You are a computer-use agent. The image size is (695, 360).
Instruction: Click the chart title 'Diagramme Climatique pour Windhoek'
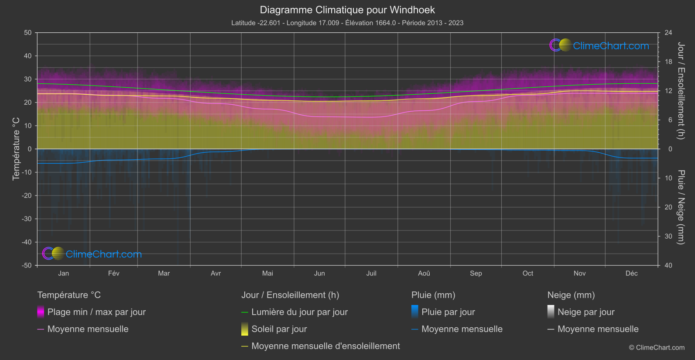point(347,10)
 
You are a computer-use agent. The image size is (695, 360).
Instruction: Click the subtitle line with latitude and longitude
point(347,23)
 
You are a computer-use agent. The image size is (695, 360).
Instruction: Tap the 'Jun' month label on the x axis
point(319,273)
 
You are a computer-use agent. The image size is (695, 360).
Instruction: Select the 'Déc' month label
point(631,273)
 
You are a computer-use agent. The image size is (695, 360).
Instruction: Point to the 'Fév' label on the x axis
point(113,273)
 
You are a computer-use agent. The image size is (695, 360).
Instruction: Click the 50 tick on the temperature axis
point(28,33)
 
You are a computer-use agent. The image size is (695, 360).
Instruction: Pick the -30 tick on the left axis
point(27,219)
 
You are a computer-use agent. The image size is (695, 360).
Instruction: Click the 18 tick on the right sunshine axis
point(668,62)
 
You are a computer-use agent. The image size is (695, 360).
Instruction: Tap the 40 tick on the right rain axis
point(668,265)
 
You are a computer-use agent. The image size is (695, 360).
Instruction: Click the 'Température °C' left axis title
point(16,149)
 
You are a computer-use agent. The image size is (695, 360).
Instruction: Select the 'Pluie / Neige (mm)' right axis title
point(681,207)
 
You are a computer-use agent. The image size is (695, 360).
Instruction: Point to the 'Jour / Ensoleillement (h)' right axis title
point(681,91)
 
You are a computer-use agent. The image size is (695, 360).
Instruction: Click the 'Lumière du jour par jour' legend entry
point(299,312)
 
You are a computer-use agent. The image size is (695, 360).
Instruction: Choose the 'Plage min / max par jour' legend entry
point(96,312)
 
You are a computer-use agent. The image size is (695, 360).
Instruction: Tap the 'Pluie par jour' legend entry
point(448,312)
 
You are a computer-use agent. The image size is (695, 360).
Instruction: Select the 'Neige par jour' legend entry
point(586,312)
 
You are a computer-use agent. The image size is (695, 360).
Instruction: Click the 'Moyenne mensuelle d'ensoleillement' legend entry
point(325,346)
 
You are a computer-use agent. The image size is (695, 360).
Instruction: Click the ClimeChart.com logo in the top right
point(599,45)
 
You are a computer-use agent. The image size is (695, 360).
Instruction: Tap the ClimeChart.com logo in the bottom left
point(92,254)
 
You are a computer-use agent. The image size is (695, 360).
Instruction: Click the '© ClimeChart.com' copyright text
point(657,348)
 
